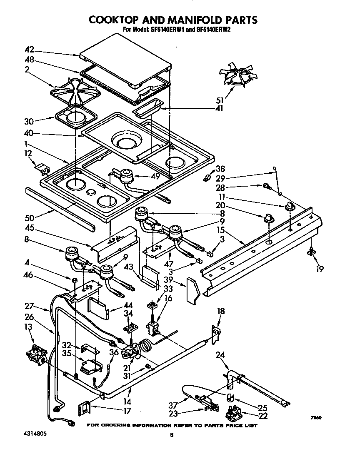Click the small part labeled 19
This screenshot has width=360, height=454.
310,251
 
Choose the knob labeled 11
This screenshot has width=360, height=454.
290,207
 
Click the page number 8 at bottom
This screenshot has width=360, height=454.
171,435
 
